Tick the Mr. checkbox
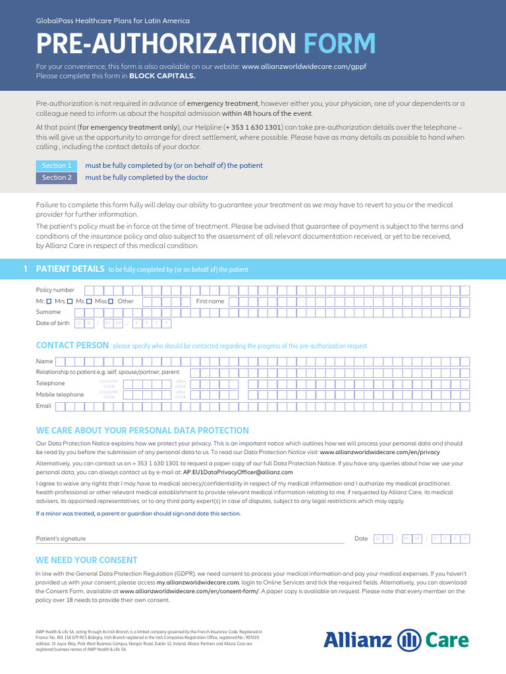(49, 301)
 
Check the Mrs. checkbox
(70, 301)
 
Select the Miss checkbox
(111, 301)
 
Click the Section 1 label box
(57, 165)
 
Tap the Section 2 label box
(57, 178)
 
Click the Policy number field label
(55, 290)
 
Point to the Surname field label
(48, 312)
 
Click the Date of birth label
(53, 323)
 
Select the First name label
(210, 301)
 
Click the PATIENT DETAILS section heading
(70, 269)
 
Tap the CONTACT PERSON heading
(72, 345)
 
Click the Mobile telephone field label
(60, 394)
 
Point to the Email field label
(43, 406)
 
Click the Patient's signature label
(61, 538)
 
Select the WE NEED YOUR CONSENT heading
(86, 560)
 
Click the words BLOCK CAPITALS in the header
(162, 76)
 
